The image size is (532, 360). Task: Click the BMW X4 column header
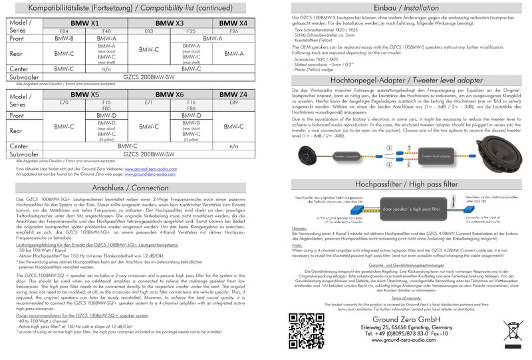click(x=233, y=23)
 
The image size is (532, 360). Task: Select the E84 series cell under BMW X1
click(x=64, y=31)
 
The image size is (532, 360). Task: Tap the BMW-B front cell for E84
click(x=64, y=39)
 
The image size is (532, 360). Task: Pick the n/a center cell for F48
click(x=106, y=69)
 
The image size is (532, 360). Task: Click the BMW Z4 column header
click(x=233, y=95)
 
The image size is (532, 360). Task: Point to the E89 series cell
click(x=233, y=103)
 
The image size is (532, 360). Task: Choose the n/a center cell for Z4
click(x=233, y=145)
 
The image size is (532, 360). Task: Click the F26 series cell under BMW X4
click(x=233, y=31)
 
